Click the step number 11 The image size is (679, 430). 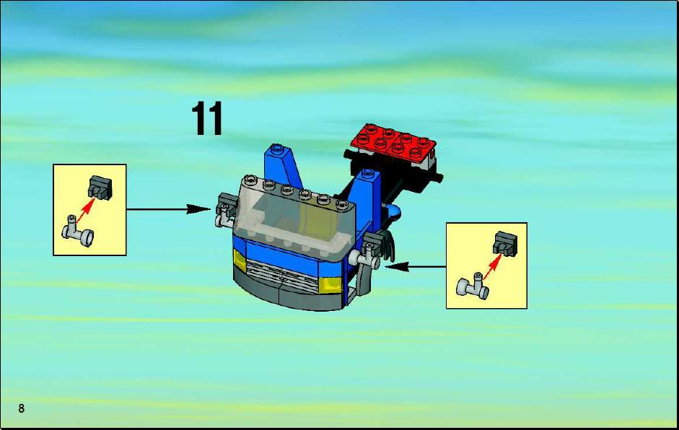pyautogui.click(x=207, y=118)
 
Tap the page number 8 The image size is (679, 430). pyautogui.click(x=21, y=408)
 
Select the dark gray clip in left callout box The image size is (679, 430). pyautogui.click(x=100, y=188)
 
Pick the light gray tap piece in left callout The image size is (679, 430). pyautogui.click(x=77, y=232)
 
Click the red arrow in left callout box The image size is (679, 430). pyautogui.click(x=85, y=211)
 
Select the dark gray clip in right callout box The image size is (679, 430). pyautogui.click(x=505, y=243)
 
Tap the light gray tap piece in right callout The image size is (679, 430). pyautogui.click(x=473, y=286)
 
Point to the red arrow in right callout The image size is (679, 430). pyautogui.click(x=492, y=266)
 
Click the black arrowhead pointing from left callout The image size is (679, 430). pyautogui.click(x=198, y=209)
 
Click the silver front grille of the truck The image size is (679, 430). pyautogui.click(x=282, y=275)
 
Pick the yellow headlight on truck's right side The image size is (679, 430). pyautogui.click(x=330, y=284)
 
